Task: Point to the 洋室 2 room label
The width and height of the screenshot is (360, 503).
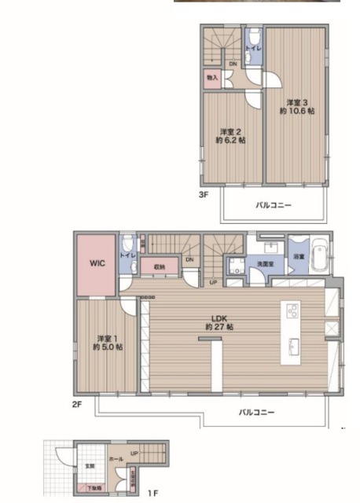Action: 230,135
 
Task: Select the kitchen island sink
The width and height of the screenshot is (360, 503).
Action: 293,345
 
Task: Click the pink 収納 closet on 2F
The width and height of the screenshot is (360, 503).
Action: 160,267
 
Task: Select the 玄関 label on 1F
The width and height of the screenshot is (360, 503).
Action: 90,466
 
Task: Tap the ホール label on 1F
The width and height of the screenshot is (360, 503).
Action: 115,455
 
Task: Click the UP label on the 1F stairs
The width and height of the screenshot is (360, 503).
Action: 134,453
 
